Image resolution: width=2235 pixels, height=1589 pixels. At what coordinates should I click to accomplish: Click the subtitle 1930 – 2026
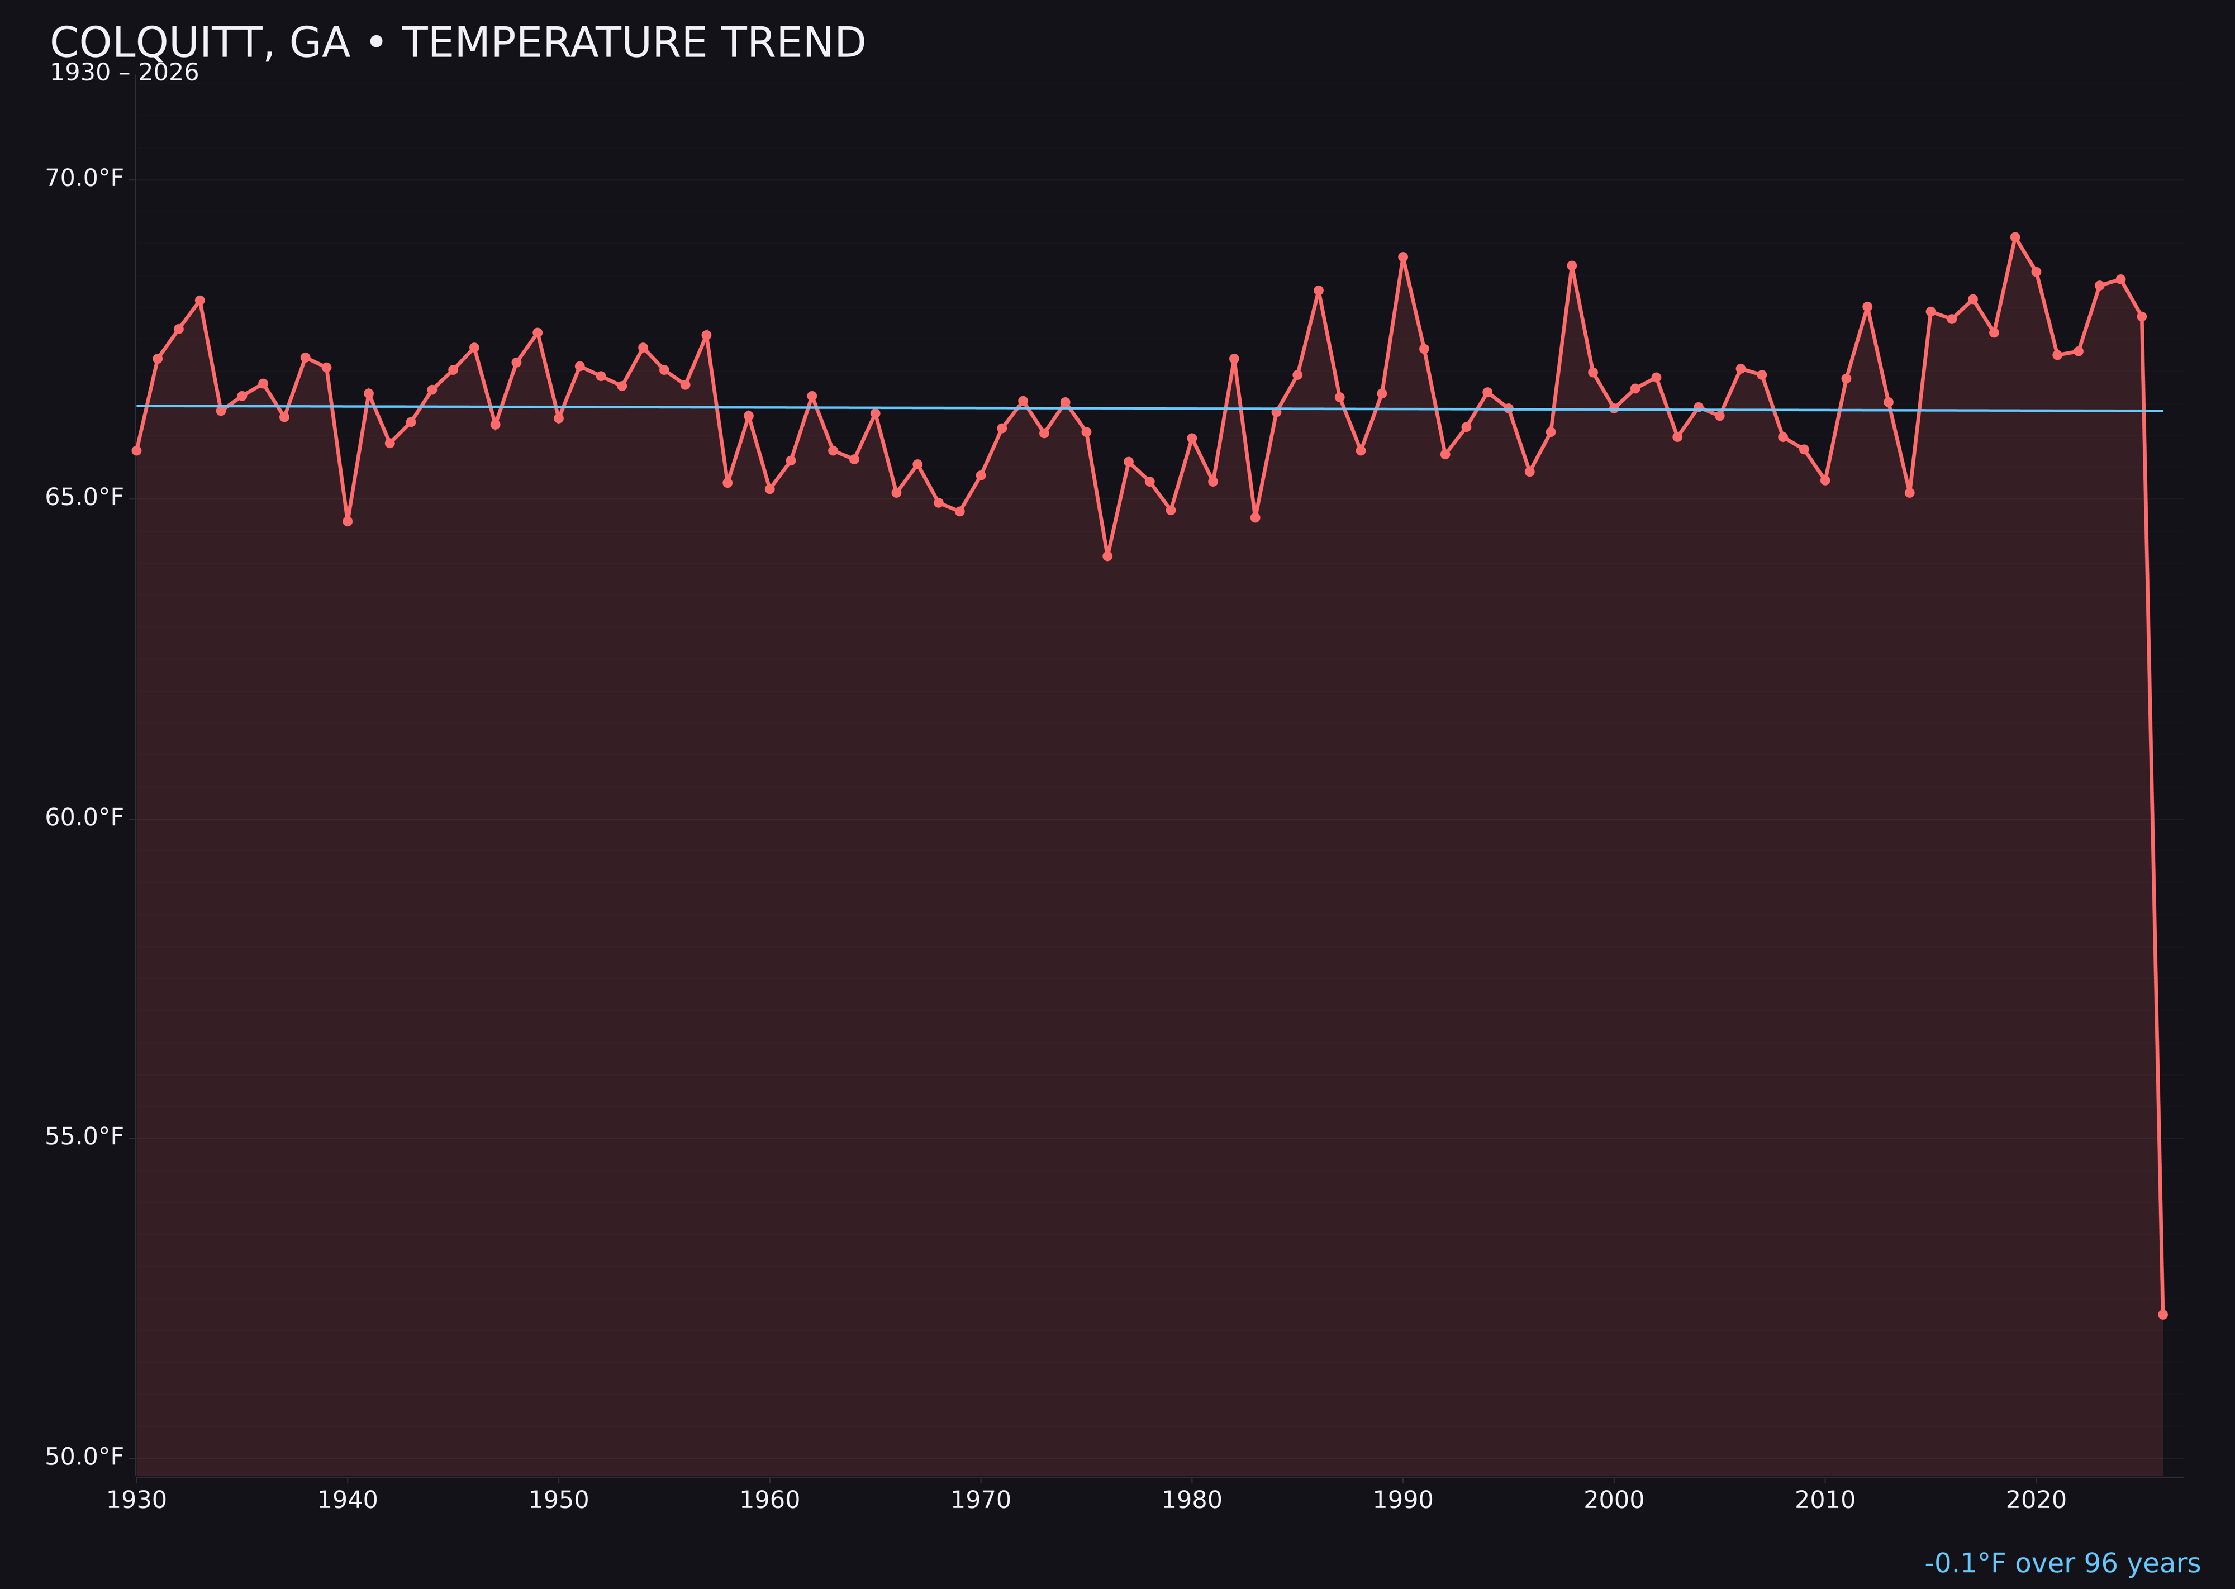point(124,73)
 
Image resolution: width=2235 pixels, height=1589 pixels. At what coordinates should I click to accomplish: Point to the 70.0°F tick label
point(84,178)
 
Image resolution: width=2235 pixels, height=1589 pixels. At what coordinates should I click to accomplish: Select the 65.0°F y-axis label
point(84,498)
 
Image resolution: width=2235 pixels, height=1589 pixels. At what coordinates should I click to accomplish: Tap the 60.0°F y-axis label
point(84,817)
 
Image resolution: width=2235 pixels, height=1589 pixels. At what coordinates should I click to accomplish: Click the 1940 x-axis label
point(348,1500)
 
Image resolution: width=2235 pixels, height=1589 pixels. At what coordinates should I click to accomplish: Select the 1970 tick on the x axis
point(981,1500)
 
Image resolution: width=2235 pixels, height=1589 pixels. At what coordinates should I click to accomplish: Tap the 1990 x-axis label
point(1402,1500)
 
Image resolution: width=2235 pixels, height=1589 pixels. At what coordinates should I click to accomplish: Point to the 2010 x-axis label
point(1825,1500)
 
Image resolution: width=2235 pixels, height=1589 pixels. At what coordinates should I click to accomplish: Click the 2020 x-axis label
point(2036,1500)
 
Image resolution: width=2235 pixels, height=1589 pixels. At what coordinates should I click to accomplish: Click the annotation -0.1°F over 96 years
point(2062,1563)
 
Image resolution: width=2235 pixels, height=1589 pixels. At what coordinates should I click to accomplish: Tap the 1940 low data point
point(348,521)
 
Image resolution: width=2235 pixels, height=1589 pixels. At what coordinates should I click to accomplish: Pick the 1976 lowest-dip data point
point(1107,556)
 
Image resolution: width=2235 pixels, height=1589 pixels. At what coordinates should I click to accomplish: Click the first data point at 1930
point(136,451)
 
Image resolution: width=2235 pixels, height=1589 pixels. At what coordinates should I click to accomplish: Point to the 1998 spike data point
point(1572,266)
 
